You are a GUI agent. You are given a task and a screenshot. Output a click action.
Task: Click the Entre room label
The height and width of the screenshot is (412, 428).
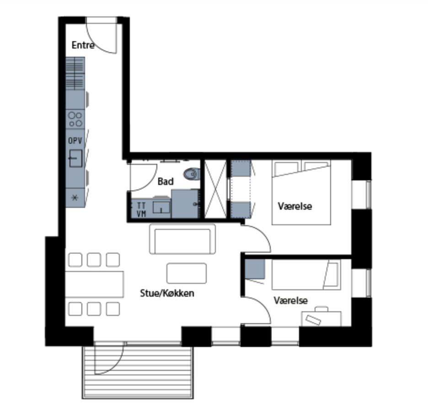[83, 45]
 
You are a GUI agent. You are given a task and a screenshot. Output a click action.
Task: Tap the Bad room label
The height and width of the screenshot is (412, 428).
[166, 181]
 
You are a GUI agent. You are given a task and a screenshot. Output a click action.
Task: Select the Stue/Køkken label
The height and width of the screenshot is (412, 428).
[167, 293]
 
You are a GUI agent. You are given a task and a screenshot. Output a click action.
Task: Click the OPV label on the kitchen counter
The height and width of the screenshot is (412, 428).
[75, 141]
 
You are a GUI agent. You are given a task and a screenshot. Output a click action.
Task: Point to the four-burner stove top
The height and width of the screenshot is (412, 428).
[75, 119]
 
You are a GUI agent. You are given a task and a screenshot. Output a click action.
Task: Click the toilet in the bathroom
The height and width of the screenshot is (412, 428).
[193, 174]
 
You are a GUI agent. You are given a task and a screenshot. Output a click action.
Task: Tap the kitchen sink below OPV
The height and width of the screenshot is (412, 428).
[75, 158]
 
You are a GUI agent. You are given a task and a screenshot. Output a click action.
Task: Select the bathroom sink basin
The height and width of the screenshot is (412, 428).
[161, 207]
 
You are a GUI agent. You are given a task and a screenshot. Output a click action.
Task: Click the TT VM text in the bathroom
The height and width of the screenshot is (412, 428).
[141, 210]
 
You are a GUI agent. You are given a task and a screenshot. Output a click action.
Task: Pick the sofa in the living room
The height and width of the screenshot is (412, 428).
[182, 239]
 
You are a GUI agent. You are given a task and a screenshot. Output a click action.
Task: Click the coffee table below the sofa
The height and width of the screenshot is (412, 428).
[187, 273]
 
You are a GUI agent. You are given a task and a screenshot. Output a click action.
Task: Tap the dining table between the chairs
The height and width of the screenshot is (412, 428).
[95, 284]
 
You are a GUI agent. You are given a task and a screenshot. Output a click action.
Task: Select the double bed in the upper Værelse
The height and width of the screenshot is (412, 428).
[301, 192]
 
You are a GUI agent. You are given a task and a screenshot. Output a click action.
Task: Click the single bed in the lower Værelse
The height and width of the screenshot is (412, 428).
[306, 275]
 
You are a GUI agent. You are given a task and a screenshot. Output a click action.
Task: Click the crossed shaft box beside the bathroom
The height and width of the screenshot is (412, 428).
[216, 190]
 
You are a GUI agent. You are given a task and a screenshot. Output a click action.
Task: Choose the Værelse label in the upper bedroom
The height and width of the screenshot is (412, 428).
[295, 206]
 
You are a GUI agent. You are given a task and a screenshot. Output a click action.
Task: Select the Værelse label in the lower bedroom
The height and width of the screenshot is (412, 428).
[291, 300]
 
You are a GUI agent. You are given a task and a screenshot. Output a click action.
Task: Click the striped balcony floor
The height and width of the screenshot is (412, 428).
[138, 372]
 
